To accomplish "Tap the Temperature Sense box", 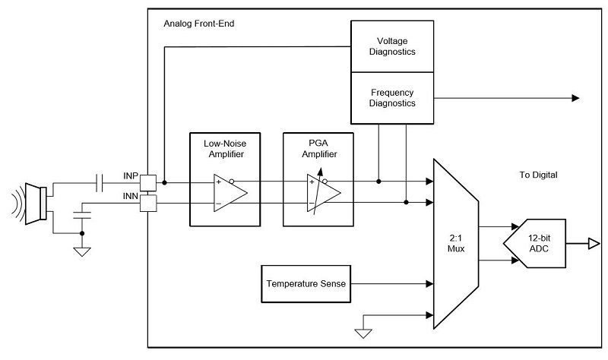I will point(306,284).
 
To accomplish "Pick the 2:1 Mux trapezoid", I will point(454,243).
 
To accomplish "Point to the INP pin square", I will point(150,182).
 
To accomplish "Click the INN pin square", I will point(150,202).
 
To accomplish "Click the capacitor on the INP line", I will point(100,182).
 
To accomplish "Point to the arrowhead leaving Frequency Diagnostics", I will point(575,98).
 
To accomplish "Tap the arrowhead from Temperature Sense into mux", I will point(428,284).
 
